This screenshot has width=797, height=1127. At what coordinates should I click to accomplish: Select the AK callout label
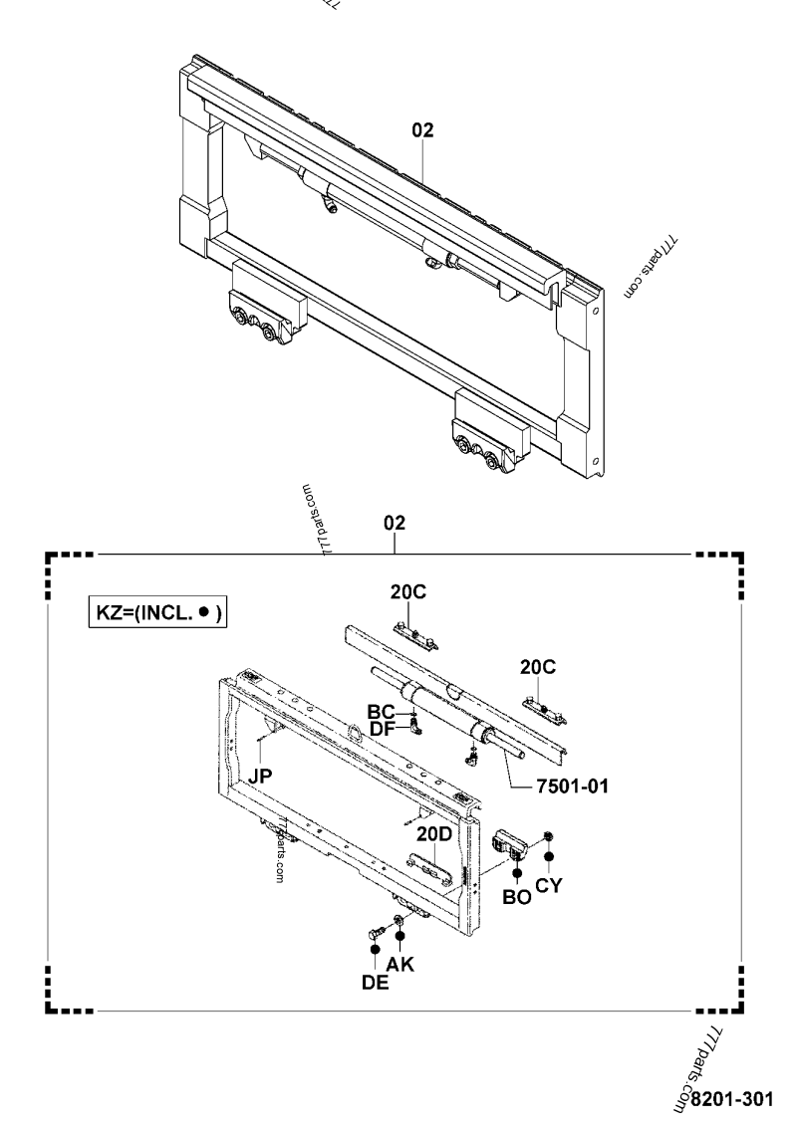[400, 964]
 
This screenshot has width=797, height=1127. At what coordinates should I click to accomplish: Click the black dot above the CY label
[549, 856]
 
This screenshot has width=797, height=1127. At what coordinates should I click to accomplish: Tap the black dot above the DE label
[376, 950]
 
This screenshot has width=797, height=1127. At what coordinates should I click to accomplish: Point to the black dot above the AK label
[400, 935]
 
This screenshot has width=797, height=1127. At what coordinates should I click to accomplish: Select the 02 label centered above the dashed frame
[396, 523]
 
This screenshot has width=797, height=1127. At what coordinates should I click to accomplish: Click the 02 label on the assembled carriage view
[422, 129]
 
